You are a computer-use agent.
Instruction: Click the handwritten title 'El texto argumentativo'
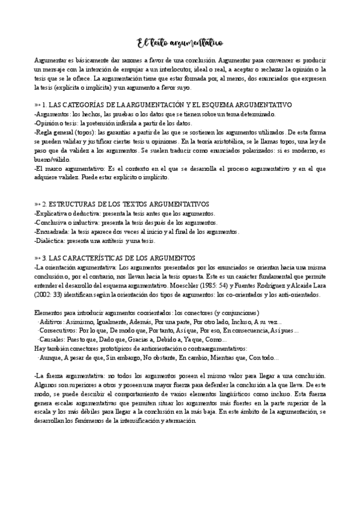(x=180, y=43)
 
